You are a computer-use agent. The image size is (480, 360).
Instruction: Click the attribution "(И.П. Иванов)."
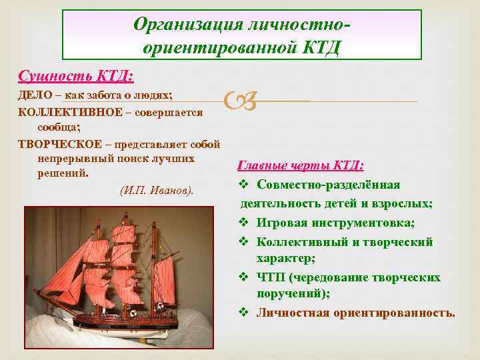tap(157, 191)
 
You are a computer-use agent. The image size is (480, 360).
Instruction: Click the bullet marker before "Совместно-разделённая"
tap(243, 185)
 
